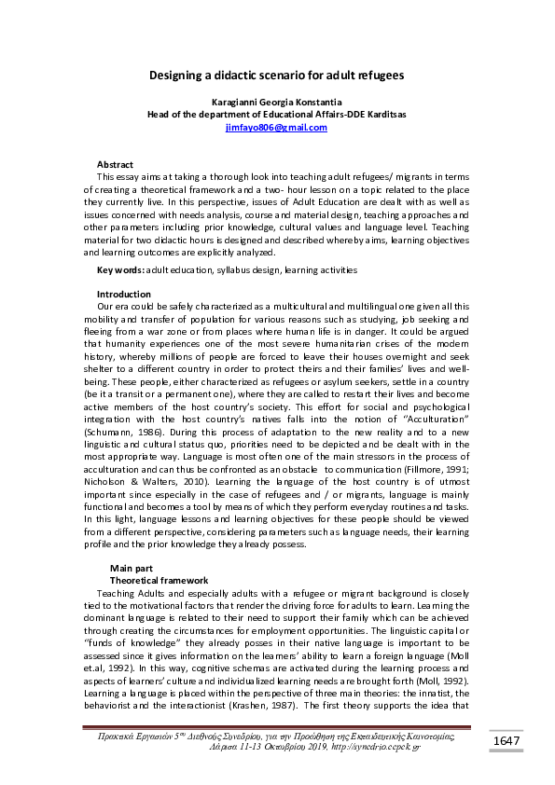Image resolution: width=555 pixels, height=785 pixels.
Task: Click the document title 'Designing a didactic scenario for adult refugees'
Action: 277,75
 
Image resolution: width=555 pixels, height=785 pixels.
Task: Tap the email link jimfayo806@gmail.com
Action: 277,128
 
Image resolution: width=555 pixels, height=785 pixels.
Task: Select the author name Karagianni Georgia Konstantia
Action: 277,101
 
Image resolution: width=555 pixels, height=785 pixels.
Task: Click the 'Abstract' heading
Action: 116,164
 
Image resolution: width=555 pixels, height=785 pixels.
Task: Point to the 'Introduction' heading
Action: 124,294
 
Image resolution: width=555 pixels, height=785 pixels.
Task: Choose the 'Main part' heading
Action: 132,568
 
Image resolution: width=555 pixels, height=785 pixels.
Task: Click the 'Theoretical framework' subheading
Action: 159,580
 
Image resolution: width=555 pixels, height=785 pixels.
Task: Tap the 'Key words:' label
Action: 120,269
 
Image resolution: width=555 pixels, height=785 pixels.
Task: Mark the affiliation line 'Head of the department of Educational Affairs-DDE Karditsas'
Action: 277,114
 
